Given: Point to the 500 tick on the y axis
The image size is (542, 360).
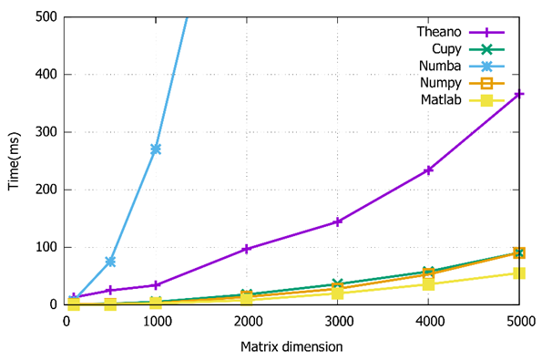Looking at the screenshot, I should click(x=46, y=16).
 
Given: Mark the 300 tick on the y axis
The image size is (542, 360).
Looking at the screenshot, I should click(x=46, y=132).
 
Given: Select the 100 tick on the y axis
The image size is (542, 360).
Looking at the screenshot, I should click(x=46, y=247).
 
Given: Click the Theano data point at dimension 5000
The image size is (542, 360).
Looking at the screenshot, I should click(x=519, y=94).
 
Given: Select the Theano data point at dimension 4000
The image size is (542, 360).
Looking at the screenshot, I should click(x=428, y=170).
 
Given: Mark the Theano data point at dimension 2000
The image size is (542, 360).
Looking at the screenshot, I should click(x=247, y=249).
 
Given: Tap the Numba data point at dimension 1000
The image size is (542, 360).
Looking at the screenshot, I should click(x=156, y=149).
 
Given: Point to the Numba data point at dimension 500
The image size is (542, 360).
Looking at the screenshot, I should click(x=110, y=262).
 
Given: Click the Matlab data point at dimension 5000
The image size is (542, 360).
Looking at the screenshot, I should click(x=519, y=273).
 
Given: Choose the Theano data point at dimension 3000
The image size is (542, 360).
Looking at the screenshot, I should click(x=338, y=221).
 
